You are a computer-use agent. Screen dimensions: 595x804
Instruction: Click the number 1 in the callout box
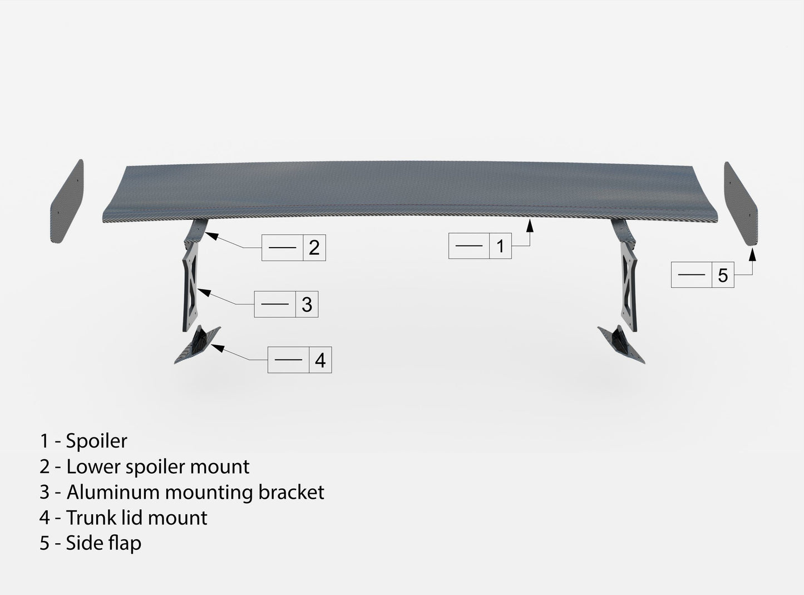click(x=500, y=246)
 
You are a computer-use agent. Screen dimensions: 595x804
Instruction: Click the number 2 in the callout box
click(x=314, y=248)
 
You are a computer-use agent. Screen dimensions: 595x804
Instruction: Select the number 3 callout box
click(x=286, y=304)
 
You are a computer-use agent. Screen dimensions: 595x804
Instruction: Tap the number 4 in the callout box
click(x=320, y=360)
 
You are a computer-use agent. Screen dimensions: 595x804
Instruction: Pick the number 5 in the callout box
click(x=723, y=275)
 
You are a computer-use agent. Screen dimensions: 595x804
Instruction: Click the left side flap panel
click(x=68, y=201)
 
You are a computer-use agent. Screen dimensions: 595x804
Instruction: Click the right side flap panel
click(x=741, y=204)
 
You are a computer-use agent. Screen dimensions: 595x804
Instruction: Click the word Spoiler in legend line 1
click(x=96, y=441)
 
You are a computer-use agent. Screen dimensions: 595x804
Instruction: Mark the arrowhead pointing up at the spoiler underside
click(x=530, y=225)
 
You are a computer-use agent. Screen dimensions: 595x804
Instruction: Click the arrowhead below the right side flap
click(x=752, y=255)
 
